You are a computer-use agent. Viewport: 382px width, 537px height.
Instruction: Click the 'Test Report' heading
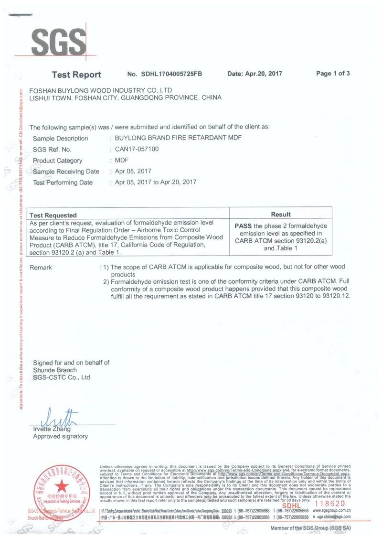76,75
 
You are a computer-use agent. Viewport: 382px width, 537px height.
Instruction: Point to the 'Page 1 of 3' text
333,74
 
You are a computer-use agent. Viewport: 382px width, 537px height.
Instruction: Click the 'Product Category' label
57,161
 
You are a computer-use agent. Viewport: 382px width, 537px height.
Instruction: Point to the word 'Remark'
41,268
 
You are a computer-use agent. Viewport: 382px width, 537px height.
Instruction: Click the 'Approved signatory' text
60,436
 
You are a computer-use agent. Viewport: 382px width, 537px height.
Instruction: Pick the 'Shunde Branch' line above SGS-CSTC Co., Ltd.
54,370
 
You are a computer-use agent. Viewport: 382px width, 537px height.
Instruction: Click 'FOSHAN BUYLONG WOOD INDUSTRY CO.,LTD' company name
100,90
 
